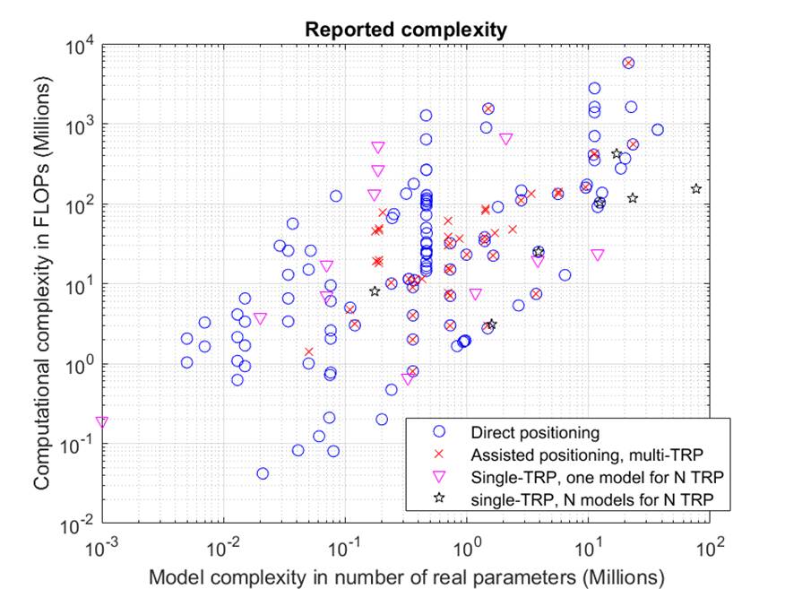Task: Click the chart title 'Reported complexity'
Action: click(x=406, y=29)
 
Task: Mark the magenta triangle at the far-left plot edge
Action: click(x=102, y=421)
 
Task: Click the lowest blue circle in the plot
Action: click(x=263, y=473)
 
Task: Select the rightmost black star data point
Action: click(x=696, y=188)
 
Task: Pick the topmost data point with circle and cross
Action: click(x=628, y=63)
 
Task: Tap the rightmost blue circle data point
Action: click(x=658, y=129)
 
